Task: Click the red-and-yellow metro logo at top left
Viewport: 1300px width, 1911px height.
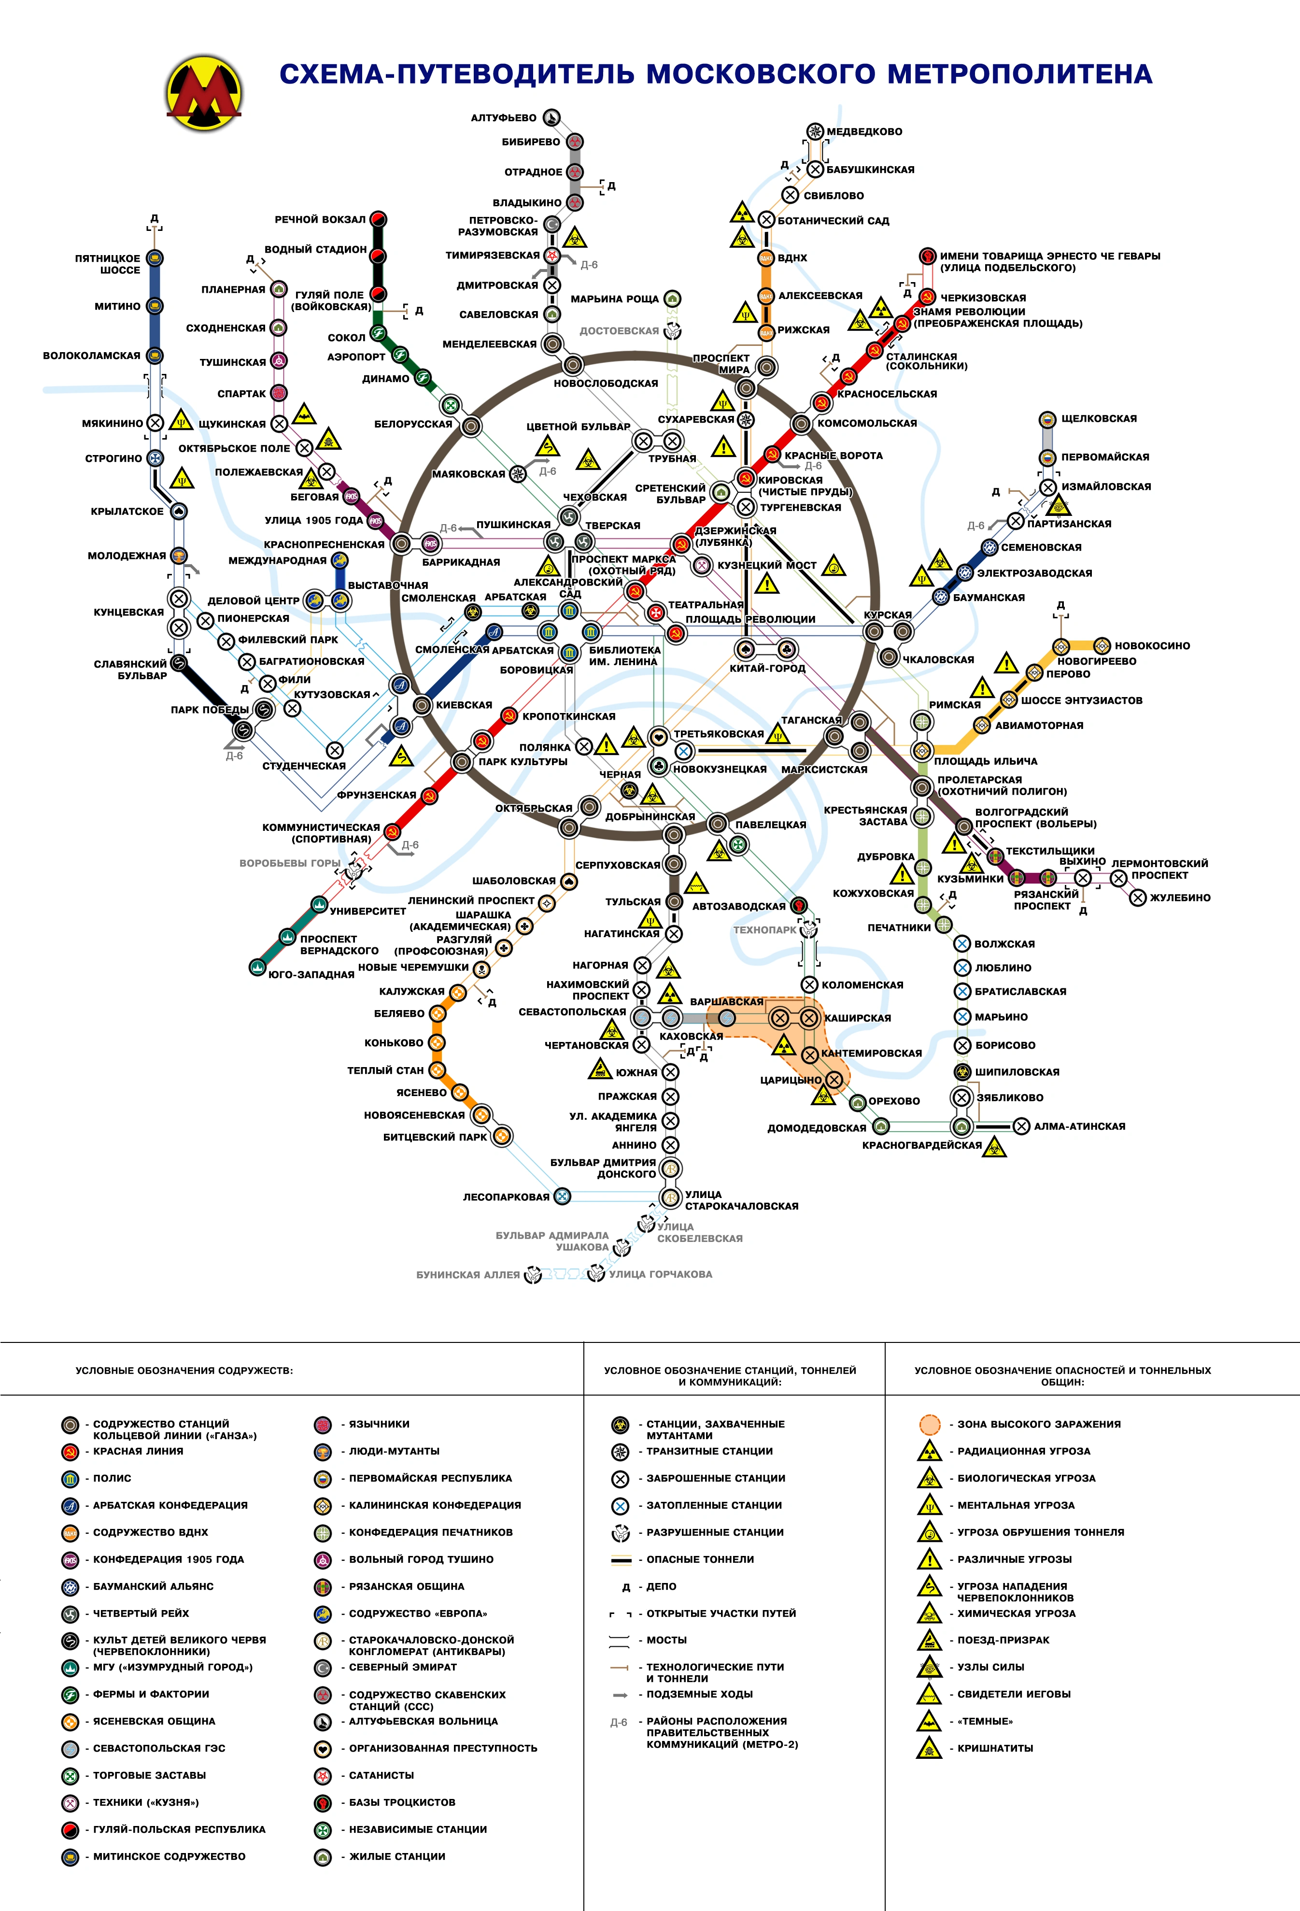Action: (203, 91)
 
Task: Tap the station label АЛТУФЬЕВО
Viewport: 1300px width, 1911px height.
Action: (503, 117)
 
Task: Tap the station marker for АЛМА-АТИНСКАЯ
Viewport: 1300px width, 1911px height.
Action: (1021, 1127)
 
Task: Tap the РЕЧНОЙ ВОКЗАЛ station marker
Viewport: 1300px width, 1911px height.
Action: (378, 219)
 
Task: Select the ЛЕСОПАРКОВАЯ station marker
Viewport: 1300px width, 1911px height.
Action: (563, 1197)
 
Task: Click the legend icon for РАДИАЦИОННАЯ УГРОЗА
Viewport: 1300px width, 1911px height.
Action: (929, 1451)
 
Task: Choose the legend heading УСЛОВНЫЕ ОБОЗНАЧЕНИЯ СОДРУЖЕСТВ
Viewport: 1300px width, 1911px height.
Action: (184, 1371)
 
